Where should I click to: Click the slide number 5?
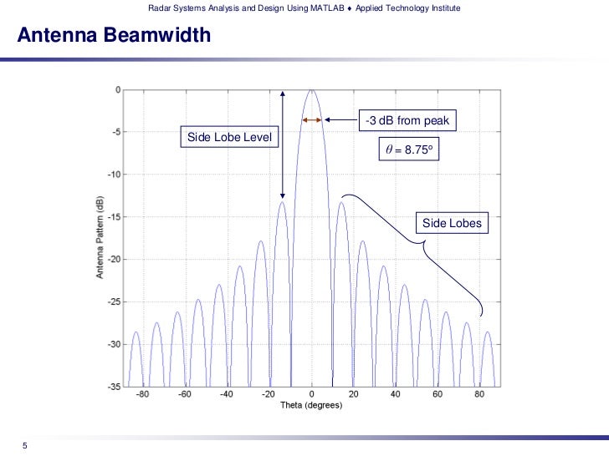[25, 445]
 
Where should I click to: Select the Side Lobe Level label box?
[229, 137]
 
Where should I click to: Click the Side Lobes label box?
[451, 223]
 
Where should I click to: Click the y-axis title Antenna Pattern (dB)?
[100, 238]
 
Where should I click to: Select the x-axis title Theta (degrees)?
[311, 405]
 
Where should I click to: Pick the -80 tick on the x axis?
[141, 395]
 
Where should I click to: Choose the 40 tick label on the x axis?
[396, 395]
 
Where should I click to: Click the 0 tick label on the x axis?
[311, 395]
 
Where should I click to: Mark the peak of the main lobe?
[311, 90]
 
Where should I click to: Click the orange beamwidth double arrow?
[311, 120]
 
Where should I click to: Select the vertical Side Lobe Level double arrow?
[283, 144]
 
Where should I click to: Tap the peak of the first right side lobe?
[340, 202]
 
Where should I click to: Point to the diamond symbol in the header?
[347, 8]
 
